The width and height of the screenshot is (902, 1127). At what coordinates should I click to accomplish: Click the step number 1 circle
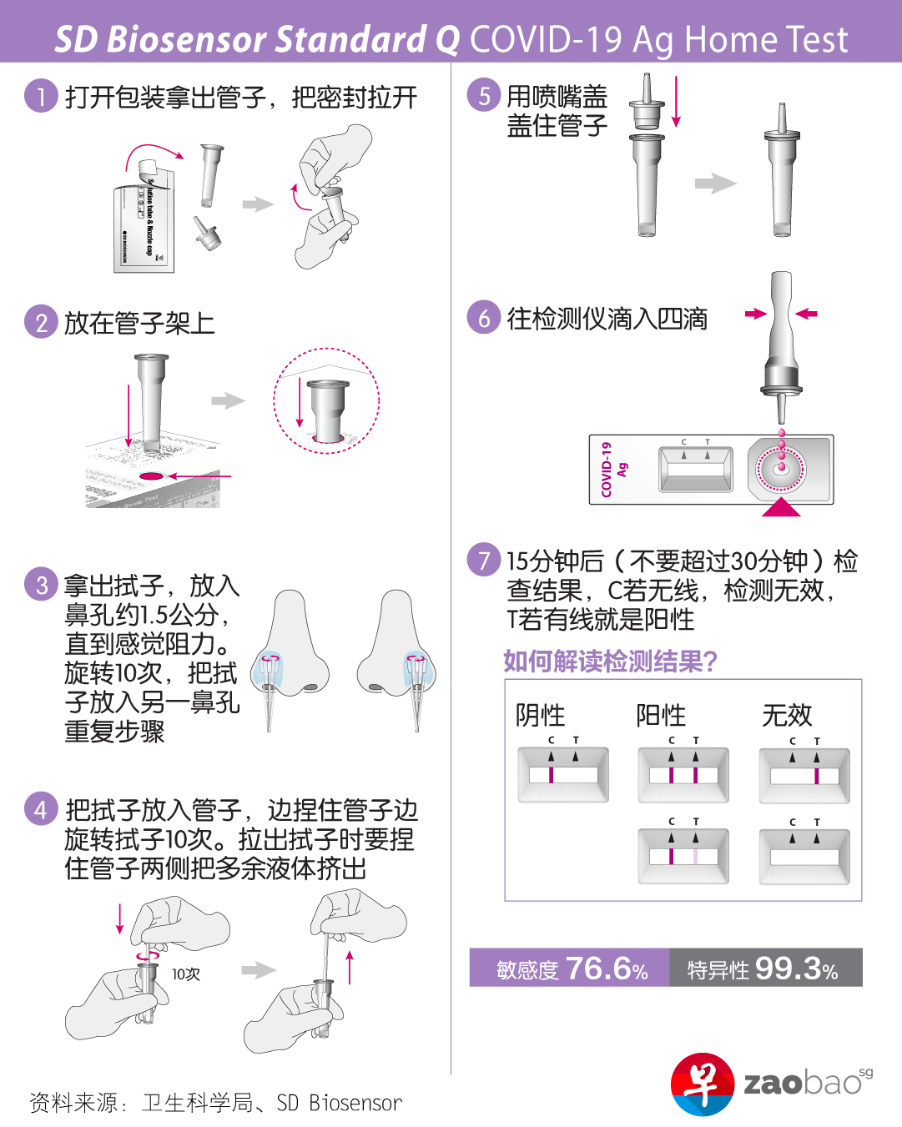coord(41,95)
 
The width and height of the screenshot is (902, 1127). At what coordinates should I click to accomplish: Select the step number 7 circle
coord(483,559)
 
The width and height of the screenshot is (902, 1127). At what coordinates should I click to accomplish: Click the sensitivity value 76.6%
coord(607,969)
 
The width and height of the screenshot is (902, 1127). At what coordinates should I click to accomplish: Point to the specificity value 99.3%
coord(796,969)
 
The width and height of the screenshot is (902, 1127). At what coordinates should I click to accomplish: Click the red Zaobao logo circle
coord(702,1084)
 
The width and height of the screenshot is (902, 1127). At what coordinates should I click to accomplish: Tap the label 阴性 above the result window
coord(540,715)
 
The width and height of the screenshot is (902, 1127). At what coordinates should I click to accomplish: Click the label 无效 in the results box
coord(786,715)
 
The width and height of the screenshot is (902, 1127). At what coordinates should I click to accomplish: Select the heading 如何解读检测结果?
coord(610,661)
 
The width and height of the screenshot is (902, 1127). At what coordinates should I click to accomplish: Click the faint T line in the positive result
coord(695,856)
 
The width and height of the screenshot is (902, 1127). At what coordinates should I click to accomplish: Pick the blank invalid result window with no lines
coord(804,857)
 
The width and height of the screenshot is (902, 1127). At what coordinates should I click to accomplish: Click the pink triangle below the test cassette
coord(780,506)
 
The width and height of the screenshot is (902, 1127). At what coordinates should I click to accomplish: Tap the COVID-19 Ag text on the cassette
coord(613,469)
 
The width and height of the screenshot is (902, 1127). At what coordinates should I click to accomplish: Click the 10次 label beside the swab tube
coord(186,974)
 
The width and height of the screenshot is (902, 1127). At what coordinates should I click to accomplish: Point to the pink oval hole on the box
coord(151,476)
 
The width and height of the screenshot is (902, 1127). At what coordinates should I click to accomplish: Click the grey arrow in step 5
coord(716,184)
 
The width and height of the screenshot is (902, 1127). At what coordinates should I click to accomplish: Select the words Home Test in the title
coord(766,39)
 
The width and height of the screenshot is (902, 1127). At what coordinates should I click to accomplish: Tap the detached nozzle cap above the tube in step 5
coord(647,101)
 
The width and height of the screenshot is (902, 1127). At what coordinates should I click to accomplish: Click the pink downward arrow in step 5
coord(676,102)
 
